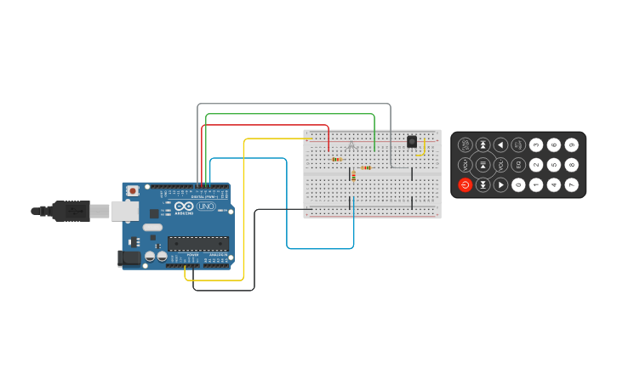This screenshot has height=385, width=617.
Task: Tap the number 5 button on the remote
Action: tap(554, 165)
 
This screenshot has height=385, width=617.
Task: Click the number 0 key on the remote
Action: tap(518, 184)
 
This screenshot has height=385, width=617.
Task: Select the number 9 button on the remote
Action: tap(572, 145)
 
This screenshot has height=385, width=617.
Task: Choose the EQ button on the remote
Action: tap(518, 165)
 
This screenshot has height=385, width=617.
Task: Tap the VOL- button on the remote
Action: tap(465, 165)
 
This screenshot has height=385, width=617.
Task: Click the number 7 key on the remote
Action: tap(572, 184)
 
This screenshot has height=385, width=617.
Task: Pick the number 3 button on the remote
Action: tap(536, 145)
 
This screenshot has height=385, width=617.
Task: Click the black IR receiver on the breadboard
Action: tap(412, 142)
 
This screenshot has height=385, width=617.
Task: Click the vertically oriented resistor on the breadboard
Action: tap(353, 176)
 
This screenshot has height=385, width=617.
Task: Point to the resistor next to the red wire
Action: tap(337, 159)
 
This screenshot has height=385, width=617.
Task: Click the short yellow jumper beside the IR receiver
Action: tap(423, 148)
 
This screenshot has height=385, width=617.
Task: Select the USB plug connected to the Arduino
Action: tap(71, 211)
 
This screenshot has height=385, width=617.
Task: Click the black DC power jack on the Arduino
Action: tap(129, 258)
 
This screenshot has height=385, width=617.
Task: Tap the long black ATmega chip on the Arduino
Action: tap(197, 244)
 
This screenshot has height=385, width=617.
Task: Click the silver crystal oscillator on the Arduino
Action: tap(152, 227)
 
